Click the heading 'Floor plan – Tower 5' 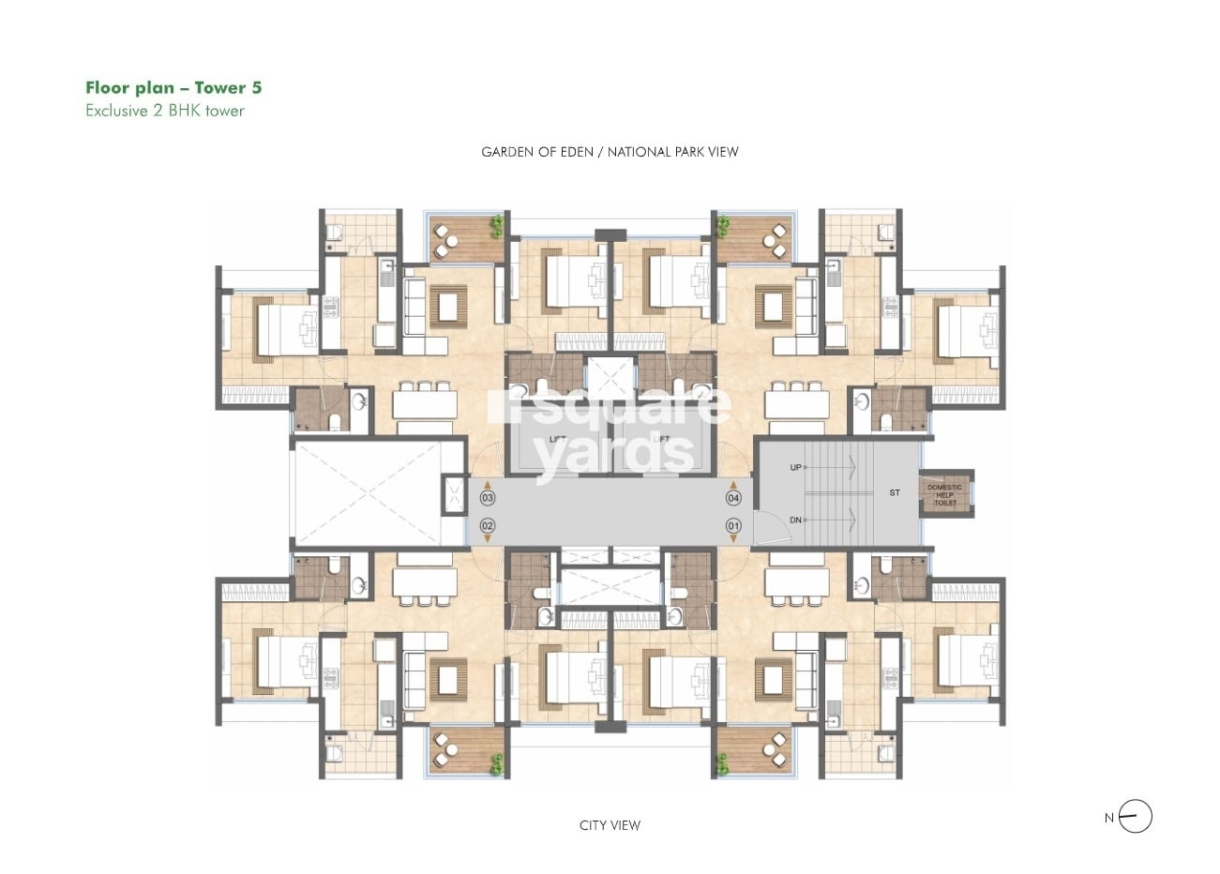[x=173, y=88]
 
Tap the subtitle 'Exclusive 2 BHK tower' [x=165, y=111]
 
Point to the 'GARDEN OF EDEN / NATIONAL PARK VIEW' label [x=610, y=152]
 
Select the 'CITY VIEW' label [x=610, y=825]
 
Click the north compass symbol [x=1136, y=817]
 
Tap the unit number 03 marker [x=487, y=498]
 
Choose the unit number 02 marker [x=487, y=526]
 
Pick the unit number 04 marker [x=733, y=498]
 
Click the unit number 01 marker [x=733, y=526]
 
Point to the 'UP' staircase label [x=796, y=467]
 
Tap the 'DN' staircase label [x=796, y=520]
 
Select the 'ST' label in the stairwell [x=895, y=492]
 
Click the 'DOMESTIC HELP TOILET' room [x=945, y=494]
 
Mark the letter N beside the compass [x=1109, y=818]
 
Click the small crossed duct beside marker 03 [x=454, y=495]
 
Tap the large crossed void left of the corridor [x=366, y=492]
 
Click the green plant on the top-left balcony [x=496, y=226]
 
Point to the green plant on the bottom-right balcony [x=723, y=765]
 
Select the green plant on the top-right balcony [x=723, y=226]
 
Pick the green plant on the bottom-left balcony [x=496, y=765]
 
